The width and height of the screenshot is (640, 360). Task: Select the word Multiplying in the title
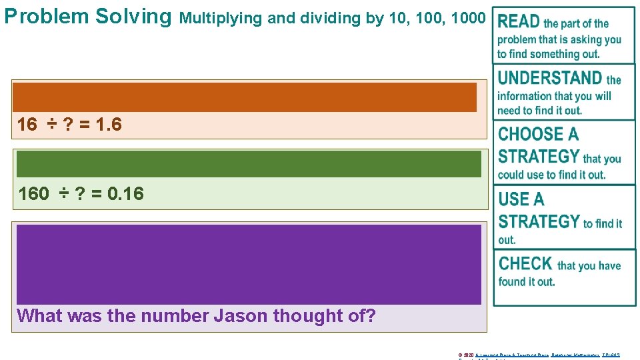pos(221,18)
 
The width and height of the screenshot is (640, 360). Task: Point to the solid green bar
pos(249,164)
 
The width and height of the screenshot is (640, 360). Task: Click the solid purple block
pos(249,264)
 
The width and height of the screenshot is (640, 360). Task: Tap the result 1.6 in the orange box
pos(109,124)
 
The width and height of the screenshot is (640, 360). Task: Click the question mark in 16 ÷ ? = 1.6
pos(67,124)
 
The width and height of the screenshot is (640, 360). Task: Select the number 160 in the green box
pos(33,194)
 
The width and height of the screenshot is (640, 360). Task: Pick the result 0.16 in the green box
pos(125,194)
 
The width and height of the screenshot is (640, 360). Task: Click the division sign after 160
pos(63,194)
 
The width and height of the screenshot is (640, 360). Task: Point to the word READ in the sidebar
pos(519,22)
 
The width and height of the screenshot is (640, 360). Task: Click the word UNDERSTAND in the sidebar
pos(550,78)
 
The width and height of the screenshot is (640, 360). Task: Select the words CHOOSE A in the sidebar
pos(538,135)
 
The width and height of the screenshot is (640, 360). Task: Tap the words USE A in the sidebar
pos(521,199)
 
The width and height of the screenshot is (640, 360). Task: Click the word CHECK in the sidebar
pos(525,263)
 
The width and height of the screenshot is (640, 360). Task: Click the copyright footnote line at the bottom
pos(539,355)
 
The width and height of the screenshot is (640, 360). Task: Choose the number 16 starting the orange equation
pos(27,124)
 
